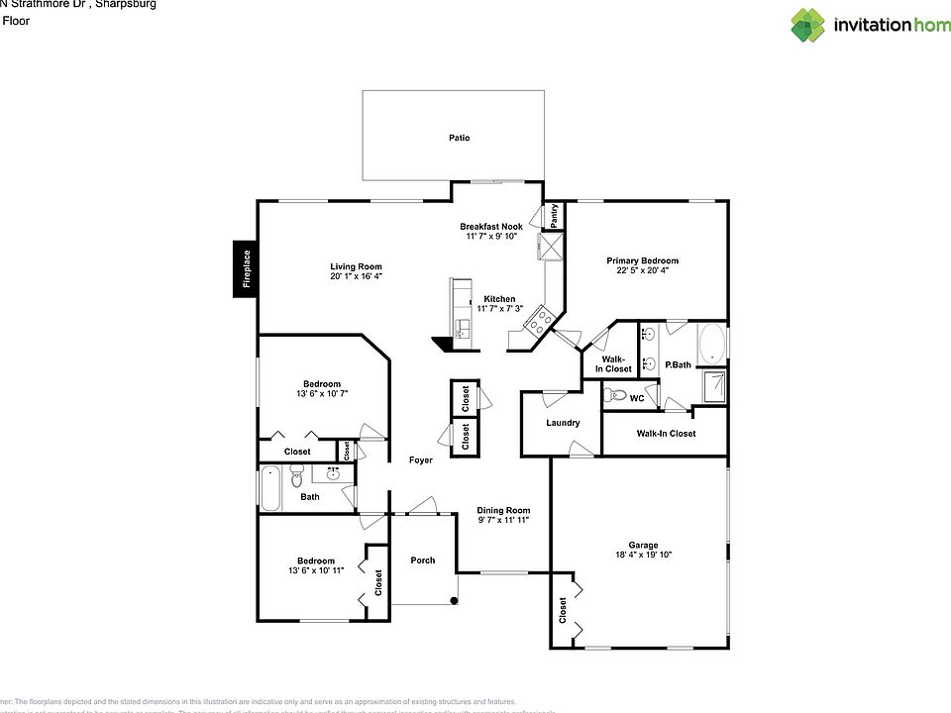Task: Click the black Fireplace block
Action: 246,268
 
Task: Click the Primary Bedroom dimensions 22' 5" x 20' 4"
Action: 642,270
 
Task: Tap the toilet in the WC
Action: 617,395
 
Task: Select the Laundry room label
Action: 562,423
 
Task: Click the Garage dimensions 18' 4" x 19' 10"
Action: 642,556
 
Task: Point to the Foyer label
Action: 421,459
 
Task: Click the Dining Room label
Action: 503,511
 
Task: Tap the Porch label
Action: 423,560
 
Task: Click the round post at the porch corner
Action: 454,600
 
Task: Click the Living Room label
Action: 356,266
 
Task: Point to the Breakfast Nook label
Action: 490,227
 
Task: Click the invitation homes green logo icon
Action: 807,25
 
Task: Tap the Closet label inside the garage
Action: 563,608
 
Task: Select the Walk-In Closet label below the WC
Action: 665,434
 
